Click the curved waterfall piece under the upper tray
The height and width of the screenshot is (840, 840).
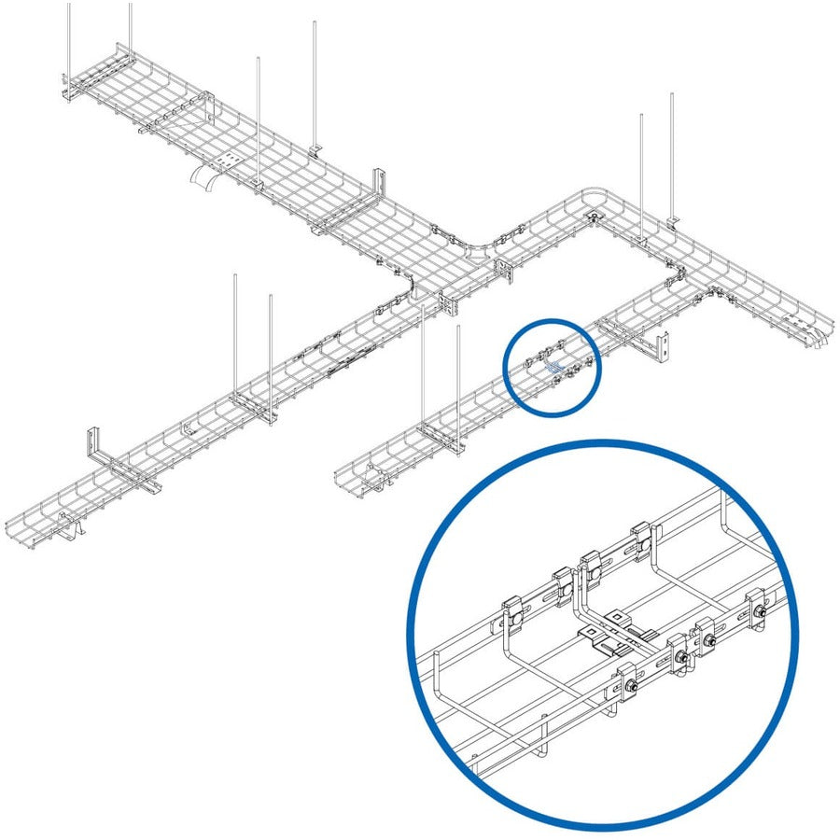tap(203, 179)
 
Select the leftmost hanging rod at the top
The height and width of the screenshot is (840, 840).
tap(69, 37)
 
